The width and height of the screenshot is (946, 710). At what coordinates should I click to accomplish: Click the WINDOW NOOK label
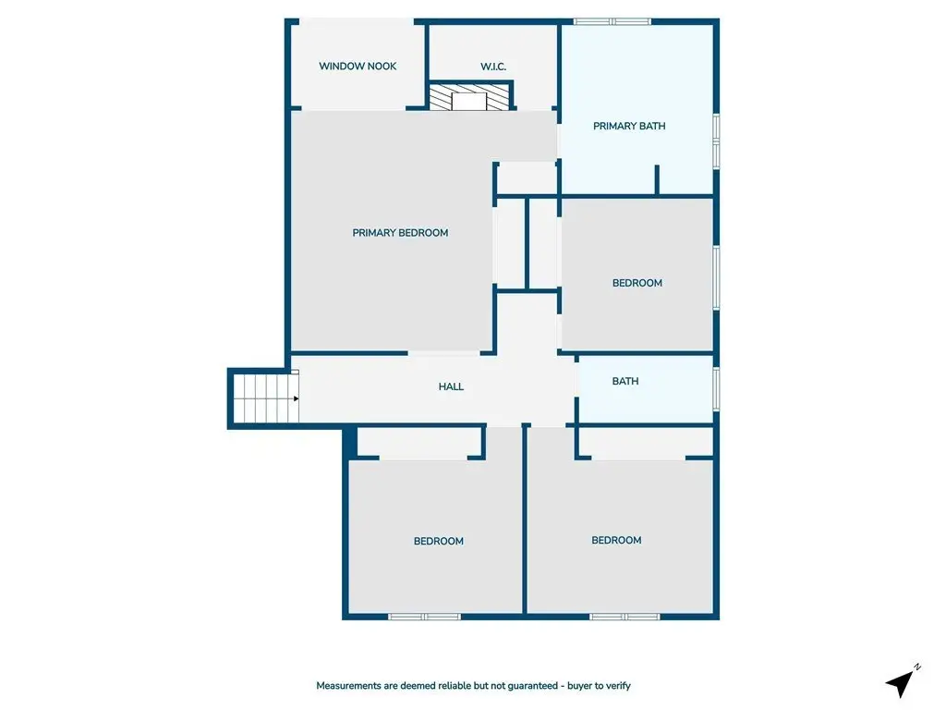tap(358, 66)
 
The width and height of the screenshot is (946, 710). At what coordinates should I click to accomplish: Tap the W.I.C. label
tap(493, 67)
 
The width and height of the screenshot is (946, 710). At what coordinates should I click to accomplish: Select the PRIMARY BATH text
tap(629, 126)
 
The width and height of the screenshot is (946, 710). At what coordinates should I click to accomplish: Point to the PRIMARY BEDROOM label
tap(400, 232)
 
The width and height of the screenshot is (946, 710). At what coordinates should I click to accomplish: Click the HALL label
tap(451, 386)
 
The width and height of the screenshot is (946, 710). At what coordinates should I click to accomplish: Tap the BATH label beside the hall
tap(625, 381)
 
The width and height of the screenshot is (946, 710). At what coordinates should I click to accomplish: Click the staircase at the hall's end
tap(265, 398)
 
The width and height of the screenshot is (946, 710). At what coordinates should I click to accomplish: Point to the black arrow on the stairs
tap(296, 398)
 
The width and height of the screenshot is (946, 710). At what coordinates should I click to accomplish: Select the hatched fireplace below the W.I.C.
tap(469, 97)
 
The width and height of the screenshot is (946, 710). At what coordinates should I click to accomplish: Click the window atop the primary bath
tap(612, 22)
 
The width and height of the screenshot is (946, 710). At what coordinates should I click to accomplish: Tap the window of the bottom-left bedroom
tap(424, 617)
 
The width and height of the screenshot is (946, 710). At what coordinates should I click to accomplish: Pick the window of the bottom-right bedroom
tap(625, 617)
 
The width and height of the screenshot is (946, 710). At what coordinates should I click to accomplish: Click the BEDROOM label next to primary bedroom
tap(637, 283)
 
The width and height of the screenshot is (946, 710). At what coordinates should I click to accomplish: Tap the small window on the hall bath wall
tap(716, 389)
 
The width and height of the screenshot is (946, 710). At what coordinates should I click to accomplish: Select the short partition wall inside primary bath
tap(657, 179)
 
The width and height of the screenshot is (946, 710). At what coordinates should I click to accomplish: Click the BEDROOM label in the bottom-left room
tap(439, 541)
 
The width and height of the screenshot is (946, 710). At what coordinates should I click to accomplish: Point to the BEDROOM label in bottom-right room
tap(616, 540)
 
